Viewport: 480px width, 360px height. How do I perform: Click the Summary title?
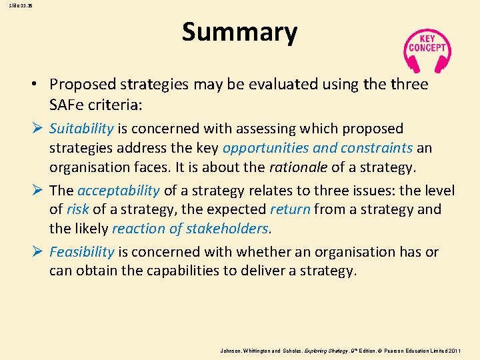tap(239, 32)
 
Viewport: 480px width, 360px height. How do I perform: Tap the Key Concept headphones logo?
tap(427, 49)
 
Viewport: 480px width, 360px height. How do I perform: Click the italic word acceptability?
tap(119, 190)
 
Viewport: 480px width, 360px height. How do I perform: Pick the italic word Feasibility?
tap(81, 251)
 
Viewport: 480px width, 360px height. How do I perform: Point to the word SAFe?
tap(69, 105)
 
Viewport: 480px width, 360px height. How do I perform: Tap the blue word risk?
tap(77, 209)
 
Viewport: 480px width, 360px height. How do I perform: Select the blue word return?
tap(290, 209)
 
